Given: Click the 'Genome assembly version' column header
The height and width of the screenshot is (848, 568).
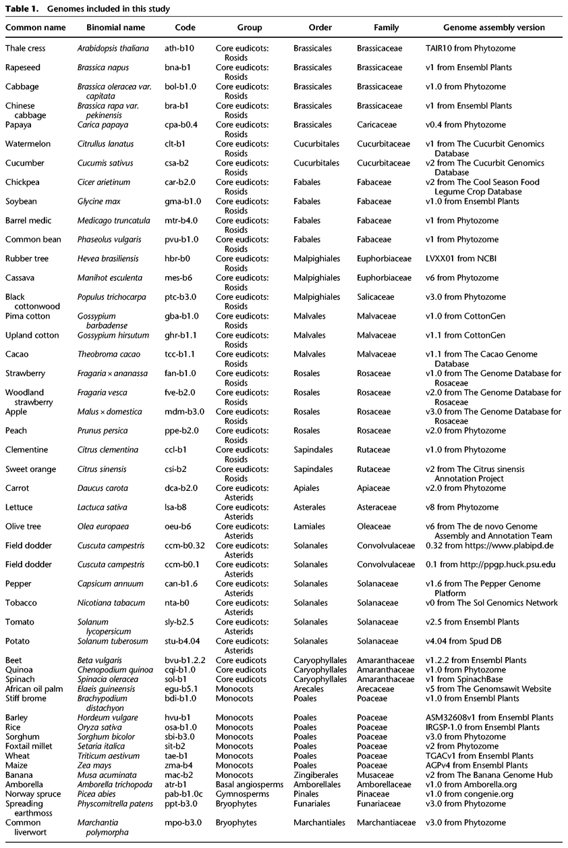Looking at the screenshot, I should point(494,28).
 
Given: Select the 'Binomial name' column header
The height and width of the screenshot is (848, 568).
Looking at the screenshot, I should point(116,28).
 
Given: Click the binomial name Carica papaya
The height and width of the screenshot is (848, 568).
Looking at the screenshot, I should point(103,125).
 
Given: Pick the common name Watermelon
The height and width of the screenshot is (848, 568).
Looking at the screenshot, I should point(25,144).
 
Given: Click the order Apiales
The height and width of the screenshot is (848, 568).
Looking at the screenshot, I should point(307,488).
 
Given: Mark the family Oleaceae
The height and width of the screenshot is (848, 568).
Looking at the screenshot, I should point(374,527).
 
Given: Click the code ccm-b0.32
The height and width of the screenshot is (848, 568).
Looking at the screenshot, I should point(185,546).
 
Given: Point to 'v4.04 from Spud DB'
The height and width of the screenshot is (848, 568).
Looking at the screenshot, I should point(465,641).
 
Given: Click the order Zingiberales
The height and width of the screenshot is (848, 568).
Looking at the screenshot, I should point(316,775).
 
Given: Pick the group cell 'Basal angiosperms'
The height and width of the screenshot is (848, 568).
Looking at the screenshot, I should point(248,785).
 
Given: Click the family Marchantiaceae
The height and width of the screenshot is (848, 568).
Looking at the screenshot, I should point(387,822).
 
